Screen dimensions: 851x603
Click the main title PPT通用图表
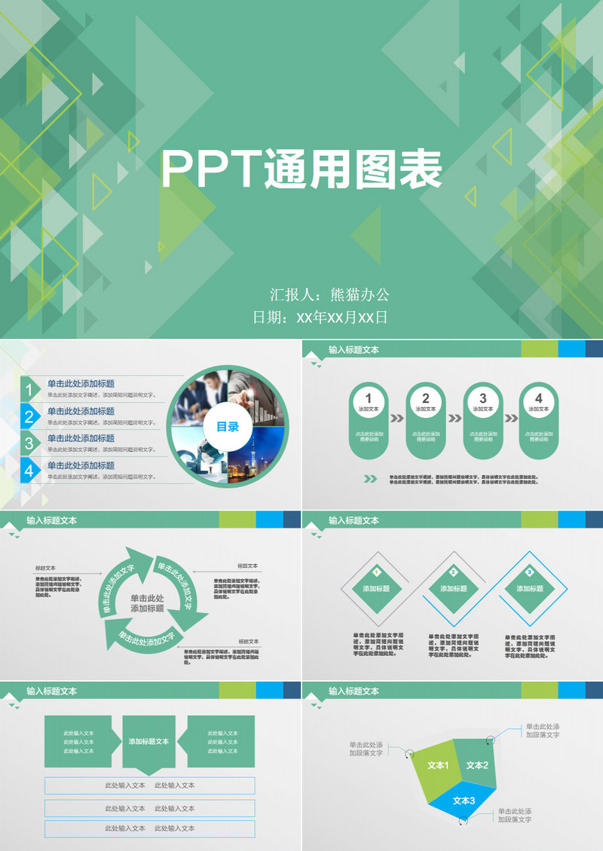[x=301, y=169]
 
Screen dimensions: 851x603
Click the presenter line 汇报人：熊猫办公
[x=329, y=294]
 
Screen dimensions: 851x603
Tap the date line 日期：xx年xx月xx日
[x=320, y=317]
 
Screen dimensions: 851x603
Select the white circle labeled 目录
[x=228, y=426]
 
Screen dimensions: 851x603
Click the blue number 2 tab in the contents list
[x=29, y=417]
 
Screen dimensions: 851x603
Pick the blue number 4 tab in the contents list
[x=29, y=471]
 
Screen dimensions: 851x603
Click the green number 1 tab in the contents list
[x=29, y=390]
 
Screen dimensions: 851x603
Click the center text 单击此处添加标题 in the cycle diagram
[x=147, y=603]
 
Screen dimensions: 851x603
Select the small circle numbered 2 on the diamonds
[x=454, y=572]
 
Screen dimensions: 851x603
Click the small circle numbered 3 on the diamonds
[x=529, y=572]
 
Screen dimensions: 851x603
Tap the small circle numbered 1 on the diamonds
[x=376, y=572]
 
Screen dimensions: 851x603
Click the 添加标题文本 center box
[x=148, y=742]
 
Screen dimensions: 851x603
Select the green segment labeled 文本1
[x=436, y=770]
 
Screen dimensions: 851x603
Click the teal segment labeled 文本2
[x=477, y=764]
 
